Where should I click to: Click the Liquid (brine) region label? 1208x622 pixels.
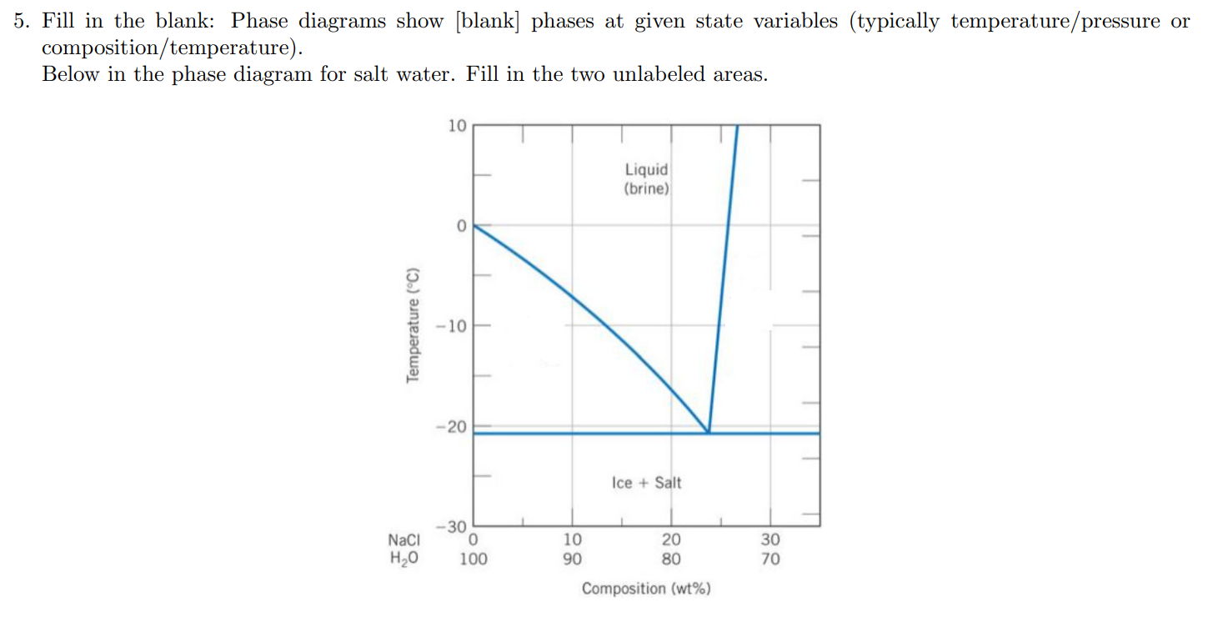point(647,178)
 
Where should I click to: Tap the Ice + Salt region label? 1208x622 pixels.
point(646,483)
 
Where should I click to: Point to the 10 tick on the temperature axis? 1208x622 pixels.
point(457,127)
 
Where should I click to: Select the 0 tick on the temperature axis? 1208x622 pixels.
point(459,225)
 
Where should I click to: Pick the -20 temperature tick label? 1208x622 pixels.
point(454,427)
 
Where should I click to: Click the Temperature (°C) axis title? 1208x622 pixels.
point(411,324)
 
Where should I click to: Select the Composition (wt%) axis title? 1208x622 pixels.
point(646,589)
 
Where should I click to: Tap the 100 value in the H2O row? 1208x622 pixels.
point(474,559)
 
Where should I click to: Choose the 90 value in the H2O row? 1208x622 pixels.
point(572,559)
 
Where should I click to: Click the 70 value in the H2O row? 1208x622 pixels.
point(770,559)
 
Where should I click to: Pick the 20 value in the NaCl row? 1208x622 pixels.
point(671,540)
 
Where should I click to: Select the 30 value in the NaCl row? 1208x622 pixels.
point(770,540)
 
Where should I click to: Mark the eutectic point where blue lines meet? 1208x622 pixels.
point(709,432)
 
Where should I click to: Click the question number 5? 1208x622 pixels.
point(20,22)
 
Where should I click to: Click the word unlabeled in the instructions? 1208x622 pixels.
point(660,74)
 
